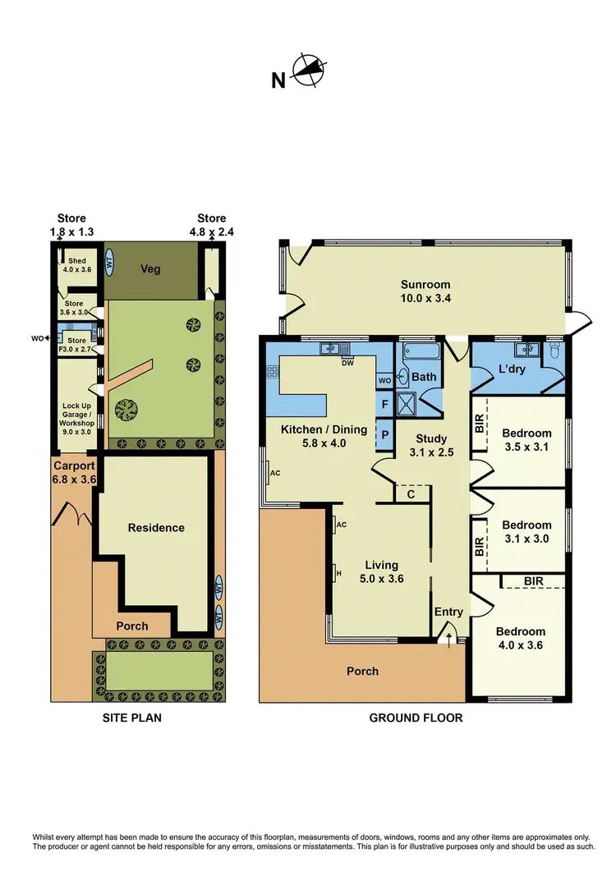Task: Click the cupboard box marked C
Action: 411,493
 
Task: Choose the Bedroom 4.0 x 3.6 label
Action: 520,639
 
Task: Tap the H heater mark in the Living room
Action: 337,572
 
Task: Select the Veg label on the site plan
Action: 149,268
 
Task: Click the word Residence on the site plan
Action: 156,528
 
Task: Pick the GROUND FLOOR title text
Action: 416,718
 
